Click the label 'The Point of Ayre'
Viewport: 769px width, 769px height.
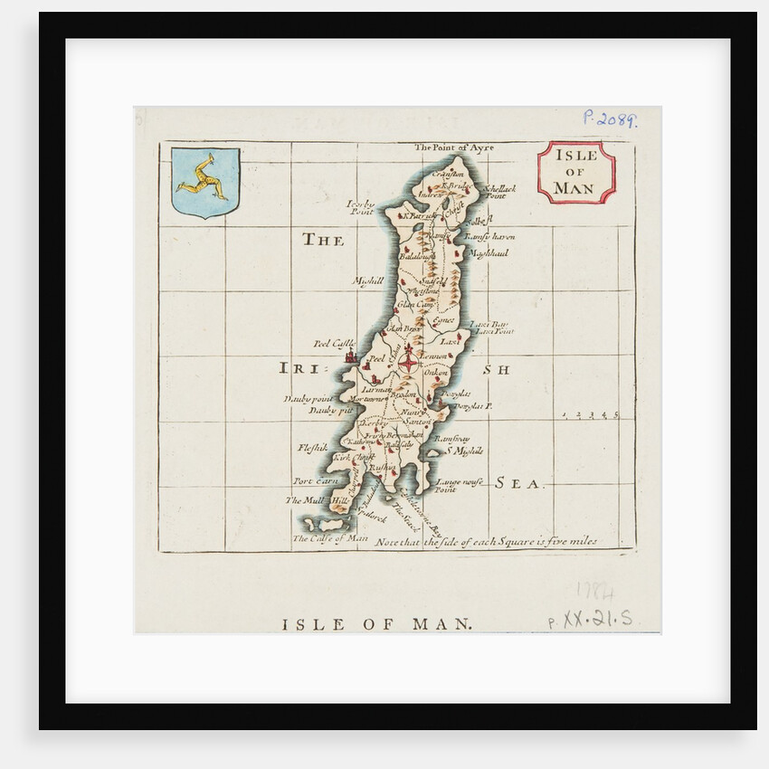click(x=455, y=147)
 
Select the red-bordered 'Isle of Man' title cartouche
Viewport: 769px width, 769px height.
click(x=575, y=172)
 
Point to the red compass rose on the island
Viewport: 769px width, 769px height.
click(x=409, y=361)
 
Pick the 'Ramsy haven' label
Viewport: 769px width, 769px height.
click(x=489, y=236)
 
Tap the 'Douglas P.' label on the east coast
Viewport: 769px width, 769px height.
click(x=472, y=407)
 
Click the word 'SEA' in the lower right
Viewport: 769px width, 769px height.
click(x=520, y=484)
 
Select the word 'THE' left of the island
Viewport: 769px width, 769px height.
click(x=323, y=241)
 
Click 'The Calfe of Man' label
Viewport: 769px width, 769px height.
click(x=330, y=538)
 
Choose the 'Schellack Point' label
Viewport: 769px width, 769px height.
click(x=499, y=192)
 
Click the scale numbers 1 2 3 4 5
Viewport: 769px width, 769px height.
click(x=590, y=414)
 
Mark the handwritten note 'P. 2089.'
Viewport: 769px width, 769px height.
click(x=610, y=119)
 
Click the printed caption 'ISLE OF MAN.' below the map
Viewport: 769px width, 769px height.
click(x=375, y=624)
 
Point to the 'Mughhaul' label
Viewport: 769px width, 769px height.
click(x=490, y=253)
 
